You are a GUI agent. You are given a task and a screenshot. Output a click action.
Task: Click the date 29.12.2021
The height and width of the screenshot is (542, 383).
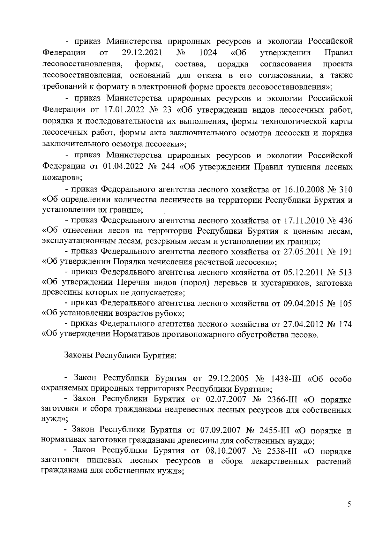pos(142,52)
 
